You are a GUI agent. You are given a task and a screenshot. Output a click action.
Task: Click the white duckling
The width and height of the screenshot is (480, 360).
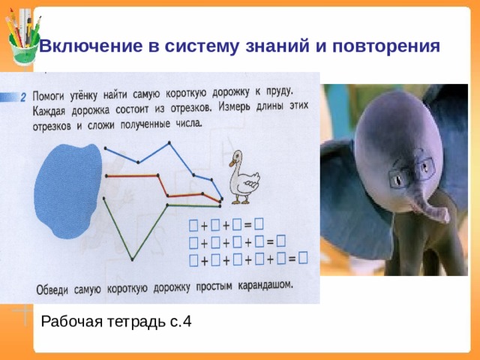pyautogui.click(x=244, y=177)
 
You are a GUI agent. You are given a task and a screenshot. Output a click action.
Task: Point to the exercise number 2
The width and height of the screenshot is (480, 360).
pyautogui.click(x=23, y=97)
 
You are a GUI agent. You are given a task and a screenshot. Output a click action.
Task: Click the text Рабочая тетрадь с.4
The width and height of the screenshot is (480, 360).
pyautogui.click(x=116, y=322)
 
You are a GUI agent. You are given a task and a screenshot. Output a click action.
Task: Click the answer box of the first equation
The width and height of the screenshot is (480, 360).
pyautogui.click(x=258, y=223)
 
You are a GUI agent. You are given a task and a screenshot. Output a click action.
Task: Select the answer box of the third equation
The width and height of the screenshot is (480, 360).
pyautogui.click(x=301, y=258)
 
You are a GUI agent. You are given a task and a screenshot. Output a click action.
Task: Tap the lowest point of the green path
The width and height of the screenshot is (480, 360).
pyautogui.click(x=132, y=259)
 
